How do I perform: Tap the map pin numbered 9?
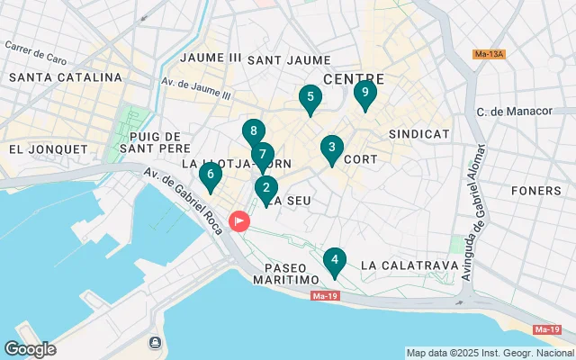point(364,93)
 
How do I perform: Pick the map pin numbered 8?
point(254,132)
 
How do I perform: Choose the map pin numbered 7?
point(262,155)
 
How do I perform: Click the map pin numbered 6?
point(211,175)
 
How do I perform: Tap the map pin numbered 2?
point(265,189)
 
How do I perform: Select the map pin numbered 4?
point(335,262)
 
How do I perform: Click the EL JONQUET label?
point(48,148)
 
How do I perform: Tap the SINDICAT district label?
point(418,133)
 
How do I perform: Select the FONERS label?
point(535,191)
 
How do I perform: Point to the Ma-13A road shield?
point(490,55)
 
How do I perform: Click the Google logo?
point(30,349)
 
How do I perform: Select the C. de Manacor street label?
point(514,112)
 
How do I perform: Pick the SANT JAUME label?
point(277,60)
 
